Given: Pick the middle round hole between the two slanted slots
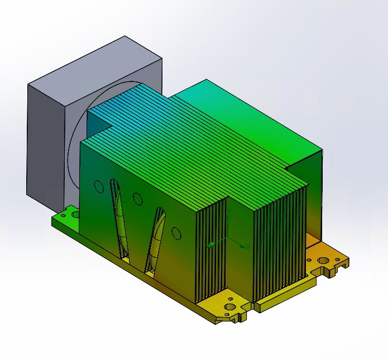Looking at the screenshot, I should coord(137,198).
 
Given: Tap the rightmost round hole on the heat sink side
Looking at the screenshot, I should coord(176,233).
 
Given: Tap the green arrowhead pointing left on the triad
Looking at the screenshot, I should coord(211,244).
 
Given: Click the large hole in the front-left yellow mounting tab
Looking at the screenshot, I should coord(229,308).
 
